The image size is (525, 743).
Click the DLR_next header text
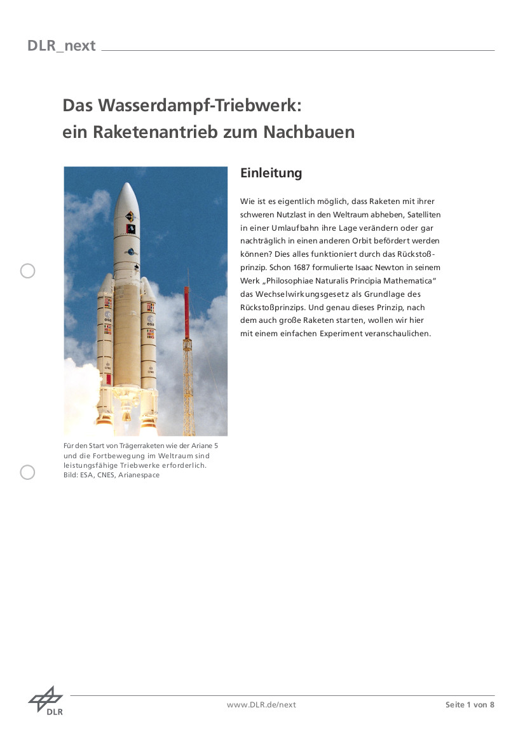[61, 46]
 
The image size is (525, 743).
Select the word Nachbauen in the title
[309, 132]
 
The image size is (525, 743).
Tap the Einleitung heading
[271, 173]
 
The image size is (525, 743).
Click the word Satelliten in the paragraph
[423, 214]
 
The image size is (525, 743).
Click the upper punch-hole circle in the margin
[27, 271]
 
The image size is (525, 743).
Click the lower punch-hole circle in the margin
[27, 472]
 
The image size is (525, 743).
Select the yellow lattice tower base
[188, 381]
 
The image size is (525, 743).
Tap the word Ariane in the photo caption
[201, 446]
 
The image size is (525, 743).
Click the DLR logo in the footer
[46, 700]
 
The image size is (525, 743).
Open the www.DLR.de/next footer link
[261, 704]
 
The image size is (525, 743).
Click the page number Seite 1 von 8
[470, 704]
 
